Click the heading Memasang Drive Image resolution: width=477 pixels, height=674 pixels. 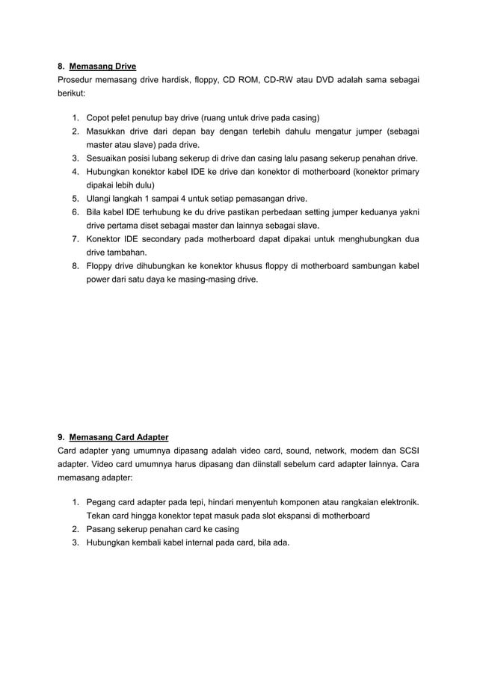[x=102, y=67]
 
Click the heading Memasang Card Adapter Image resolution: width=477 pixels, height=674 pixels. [x=119, y=436]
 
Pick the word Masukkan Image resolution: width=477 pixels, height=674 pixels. [x=108, y=132]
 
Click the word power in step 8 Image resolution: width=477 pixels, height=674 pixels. [x=99, y=279]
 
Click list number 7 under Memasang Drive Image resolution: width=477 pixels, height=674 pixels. [x=76, y=239]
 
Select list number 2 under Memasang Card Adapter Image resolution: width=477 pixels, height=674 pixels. [x=76, y=528]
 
